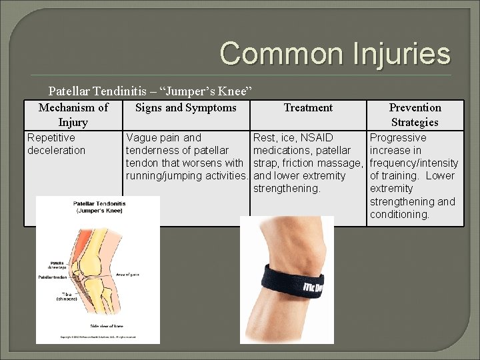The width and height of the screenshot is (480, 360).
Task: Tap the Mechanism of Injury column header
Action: pos(73,115)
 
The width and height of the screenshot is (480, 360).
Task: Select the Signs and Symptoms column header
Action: pos(186,107)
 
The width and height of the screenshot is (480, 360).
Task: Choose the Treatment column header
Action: pos(308,107)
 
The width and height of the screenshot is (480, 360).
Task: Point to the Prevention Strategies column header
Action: pos(415,115)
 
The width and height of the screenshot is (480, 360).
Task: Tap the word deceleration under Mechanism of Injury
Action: pos(57,150)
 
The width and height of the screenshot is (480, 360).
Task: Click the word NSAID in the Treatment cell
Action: pos(317,137)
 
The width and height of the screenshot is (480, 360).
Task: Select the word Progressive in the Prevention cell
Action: pos(398,137)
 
